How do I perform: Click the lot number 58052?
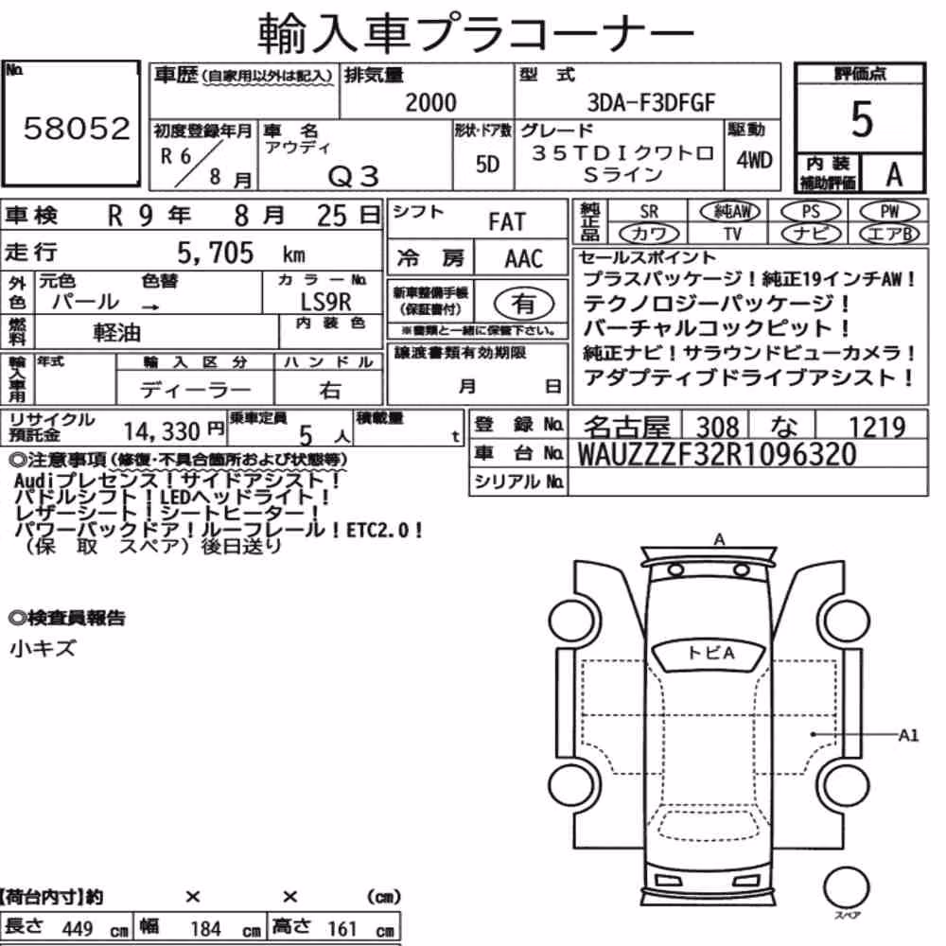77,128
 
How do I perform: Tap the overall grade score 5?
862,119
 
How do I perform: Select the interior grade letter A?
894,175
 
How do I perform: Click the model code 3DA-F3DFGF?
651,102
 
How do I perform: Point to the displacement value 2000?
430,102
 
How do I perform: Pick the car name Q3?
353,177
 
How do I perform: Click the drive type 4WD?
754,161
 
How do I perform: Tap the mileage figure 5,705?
216,253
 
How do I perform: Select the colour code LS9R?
325,302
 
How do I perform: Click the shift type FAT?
507,222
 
